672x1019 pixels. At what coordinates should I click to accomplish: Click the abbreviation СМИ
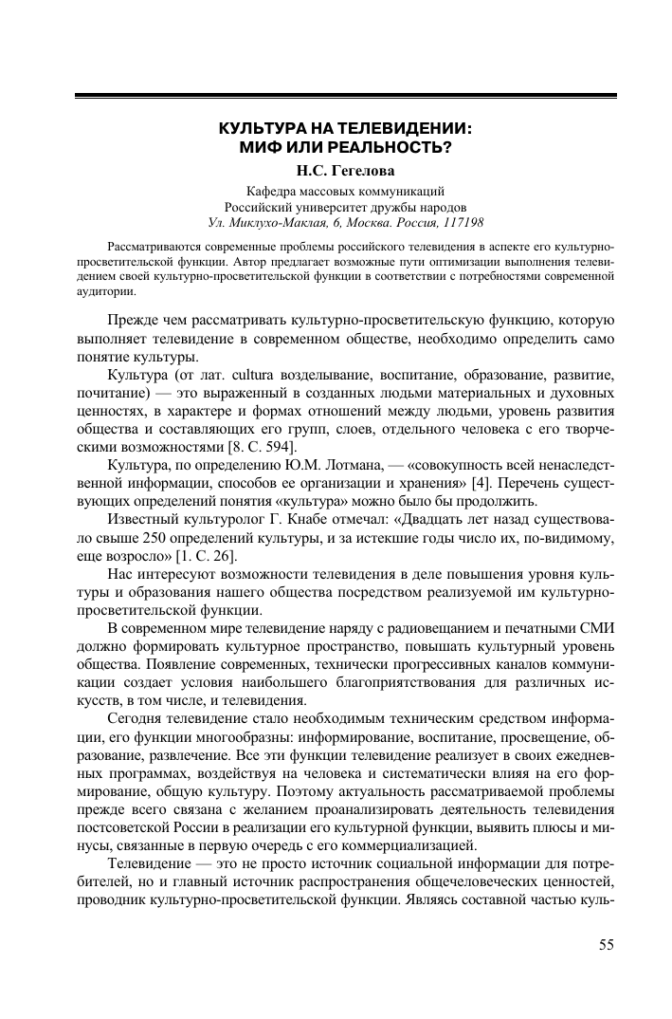pos(598,629)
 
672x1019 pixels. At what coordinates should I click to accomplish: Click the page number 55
pos(607,943)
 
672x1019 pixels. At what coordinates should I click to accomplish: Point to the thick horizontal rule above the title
pos(345,96)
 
